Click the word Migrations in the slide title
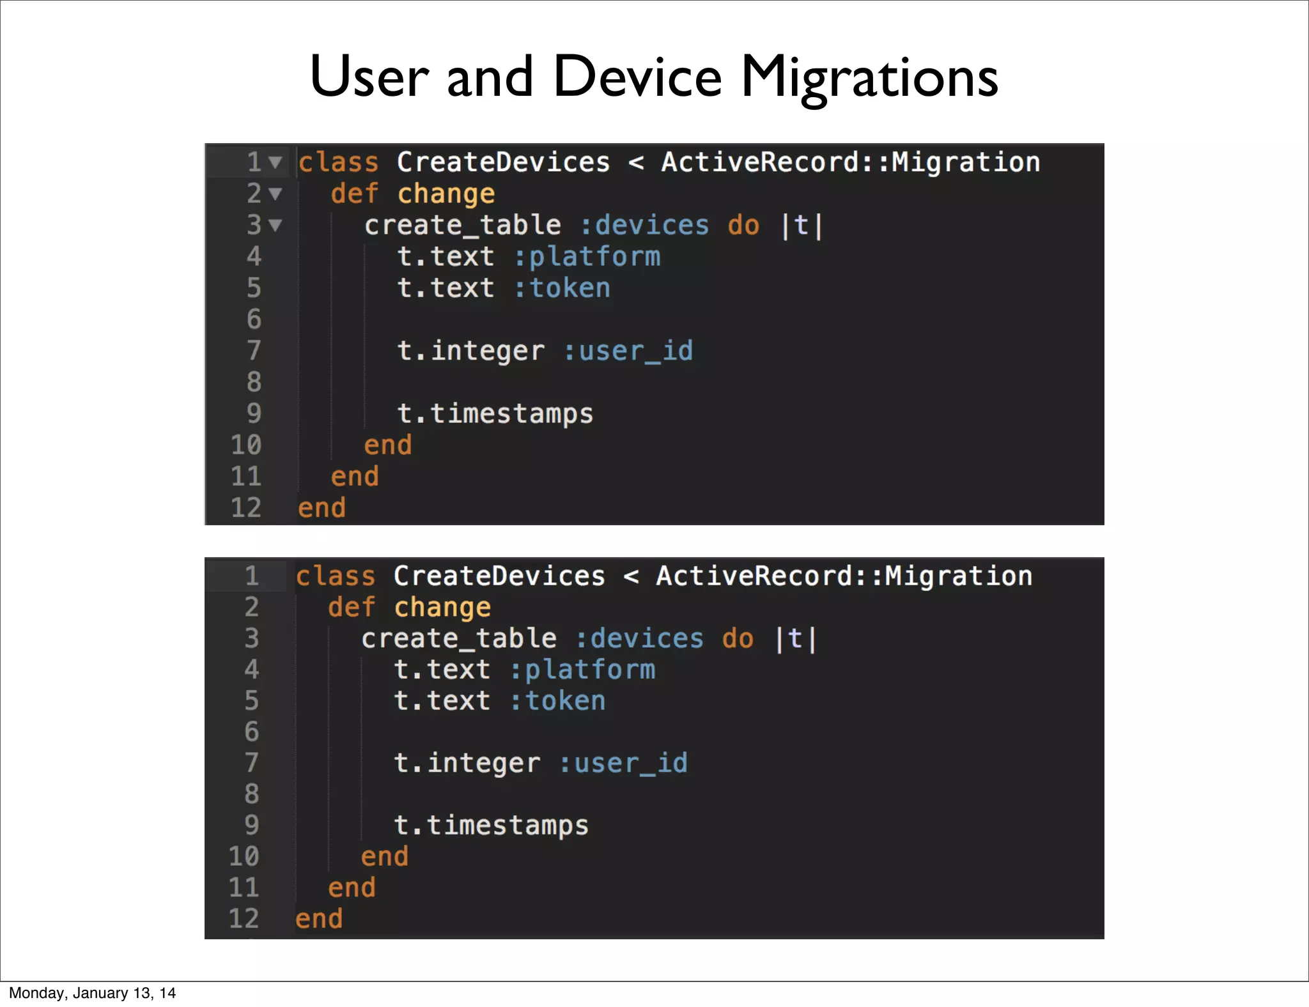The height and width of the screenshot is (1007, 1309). point(869,78)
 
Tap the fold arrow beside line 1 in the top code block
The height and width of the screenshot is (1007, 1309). point(275,162)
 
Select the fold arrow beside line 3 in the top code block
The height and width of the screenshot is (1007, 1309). point(275,225)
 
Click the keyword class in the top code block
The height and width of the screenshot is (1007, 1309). point(338,163)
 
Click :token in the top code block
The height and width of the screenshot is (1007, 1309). point(562,288)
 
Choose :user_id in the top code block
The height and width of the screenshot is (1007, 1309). point(628,351)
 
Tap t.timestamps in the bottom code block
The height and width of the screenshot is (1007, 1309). point(491,826)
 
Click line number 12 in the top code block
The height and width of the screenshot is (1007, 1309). point(246,508)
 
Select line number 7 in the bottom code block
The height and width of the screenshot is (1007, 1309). point(251,763)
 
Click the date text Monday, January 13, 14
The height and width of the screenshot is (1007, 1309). point(92,993)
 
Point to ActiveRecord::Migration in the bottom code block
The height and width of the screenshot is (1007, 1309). point(844,576)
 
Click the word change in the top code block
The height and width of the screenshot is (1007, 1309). point(446,194)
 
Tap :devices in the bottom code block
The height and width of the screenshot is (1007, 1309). point(639,639)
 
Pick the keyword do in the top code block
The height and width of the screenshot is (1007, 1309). point(743,226)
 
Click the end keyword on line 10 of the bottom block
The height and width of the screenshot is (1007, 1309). point(384,857)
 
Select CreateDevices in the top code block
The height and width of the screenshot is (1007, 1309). point(503,163)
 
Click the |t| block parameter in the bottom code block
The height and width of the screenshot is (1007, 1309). point(795,639)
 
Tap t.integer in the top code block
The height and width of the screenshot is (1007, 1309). point(470,351)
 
